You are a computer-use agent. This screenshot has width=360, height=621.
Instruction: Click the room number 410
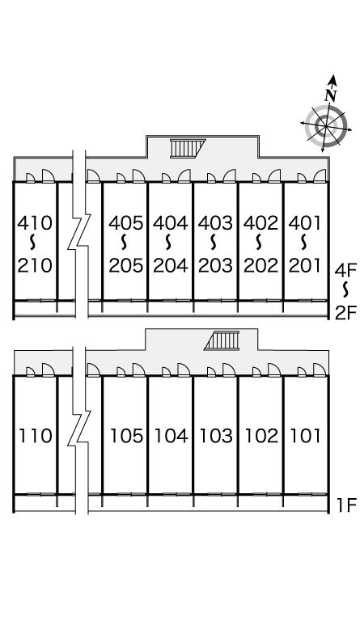point(35,223)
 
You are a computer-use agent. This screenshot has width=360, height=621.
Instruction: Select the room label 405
point(126,223)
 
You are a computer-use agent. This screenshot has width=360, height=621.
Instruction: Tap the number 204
point(171,265)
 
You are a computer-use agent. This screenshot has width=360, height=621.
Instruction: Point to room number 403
point(216,223)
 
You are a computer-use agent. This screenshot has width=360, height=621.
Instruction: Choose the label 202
point(260,265)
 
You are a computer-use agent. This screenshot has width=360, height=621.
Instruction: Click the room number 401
point(304,223)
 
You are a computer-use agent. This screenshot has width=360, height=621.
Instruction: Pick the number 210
point(35,265)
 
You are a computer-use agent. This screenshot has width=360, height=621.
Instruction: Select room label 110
point(36,436)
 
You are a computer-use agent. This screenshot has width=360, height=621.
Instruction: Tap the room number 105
point(126,436)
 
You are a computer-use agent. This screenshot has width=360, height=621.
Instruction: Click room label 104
point(171,436)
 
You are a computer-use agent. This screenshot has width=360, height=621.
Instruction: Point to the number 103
point(216,436)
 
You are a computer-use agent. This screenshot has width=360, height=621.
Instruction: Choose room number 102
point(261,436)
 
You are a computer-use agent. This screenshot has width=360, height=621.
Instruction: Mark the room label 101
point(305,436)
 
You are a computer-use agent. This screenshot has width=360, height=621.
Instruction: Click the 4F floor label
point(346,271)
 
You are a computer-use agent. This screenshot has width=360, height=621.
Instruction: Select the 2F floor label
point(346,313)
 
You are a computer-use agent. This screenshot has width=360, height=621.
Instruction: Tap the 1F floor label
point(347,505)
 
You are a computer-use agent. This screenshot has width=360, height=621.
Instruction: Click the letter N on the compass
point(331,95)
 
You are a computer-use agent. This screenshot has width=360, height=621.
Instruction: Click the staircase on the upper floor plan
point(188,149)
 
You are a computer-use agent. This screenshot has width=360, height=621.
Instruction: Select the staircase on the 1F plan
point(222,340)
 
